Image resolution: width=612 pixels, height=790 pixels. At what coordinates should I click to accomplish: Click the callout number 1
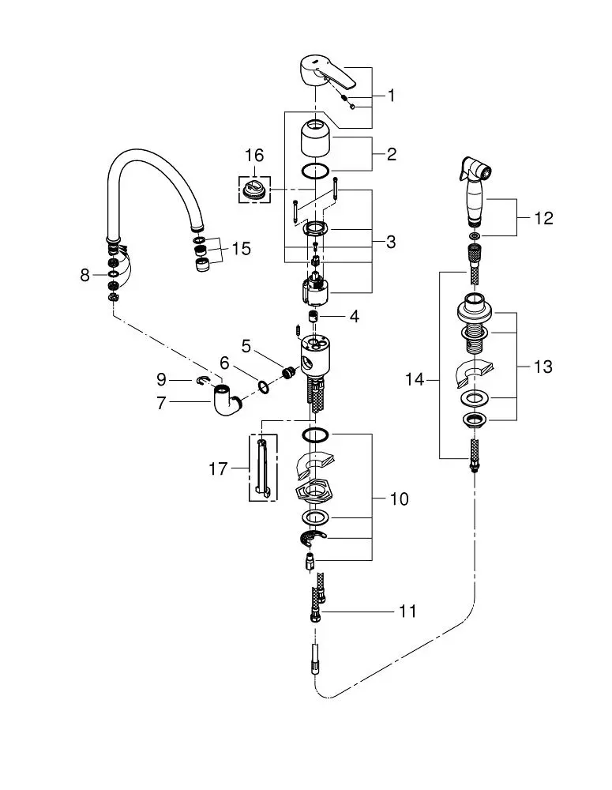(x=391, y=96)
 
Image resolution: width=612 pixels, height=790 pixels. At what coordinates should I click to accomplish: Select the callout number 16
(x=253, y=155)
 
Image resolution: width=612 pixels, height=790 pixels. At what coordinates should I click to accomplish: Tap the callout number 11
(x=407, y=611)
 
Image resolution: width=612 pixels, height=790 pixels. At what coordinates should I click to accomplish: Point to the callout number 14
(x=415, y=379)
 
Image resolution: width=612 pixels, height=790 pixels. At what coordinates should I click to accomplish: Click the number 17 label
(x=218, y=469)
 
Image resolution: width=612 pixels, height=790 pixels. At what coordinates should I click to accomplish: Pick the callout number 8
(x=84, y=275)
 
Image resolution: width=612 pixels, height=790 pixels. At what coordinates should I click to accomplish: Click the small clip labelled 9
(x=202, y=381)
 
